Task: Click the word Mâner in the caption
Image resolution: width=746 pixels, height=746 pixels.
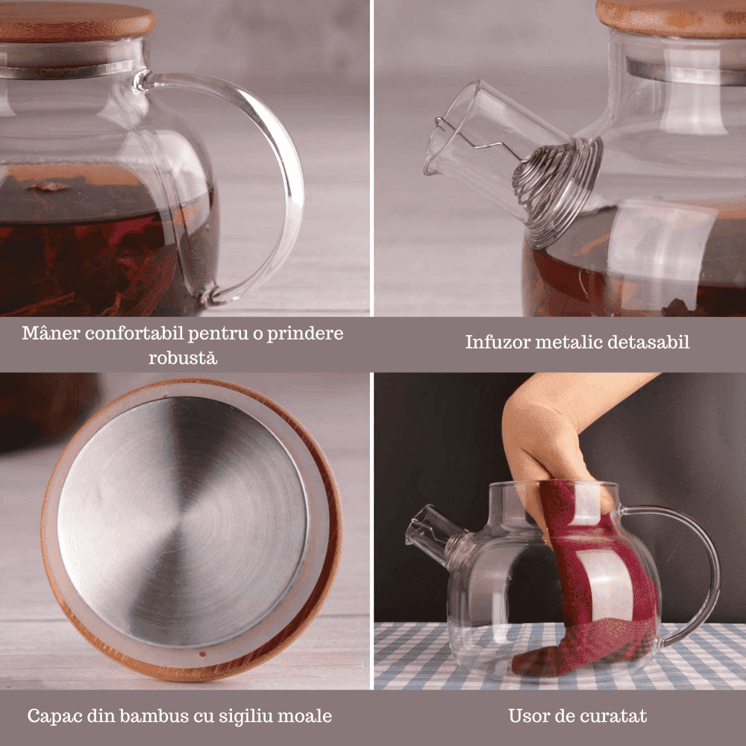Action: click(51, 333)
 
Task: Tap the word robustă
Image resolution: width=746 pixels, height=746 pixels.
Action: click(184, 357)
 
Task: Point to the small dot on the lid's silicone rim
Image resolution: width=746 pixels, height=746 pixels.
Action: click(204, 655)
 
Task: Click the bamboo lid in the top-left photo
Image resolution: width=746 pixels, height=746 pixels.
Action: click(76, 22)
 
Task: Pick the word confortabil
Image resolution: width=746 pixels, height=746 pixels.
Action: click(134, 333)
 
